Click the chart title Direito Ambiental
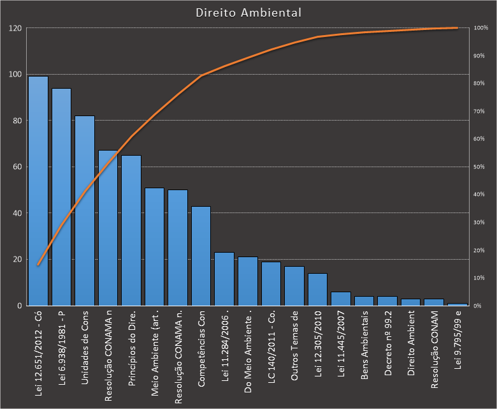pyautogui.click(x=248, y=13)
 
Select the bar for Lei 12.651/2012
pyautogui.click(x=38, y=191)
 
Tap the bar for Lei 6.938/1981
pyautogui.click(x=61, y=198)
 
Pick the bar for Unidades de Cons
pyautogui.click(x=85, y=211)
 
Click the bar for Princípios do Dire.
pyautogui.click(x=131, y=230)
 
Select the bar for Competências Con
pyautogui.click(x=201, y=255)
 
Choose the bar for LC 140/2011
pyautogui.click(x=271, y=284)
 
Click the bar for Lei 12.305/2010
pyautogui.click(x=317, y=290)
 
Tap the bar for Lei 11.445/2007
pyautogui.click(x=341, y=299)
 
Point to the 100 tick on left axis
pyautogui.click(x=15, y=75)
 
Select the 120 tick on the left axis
pyautogui.click(x=15, y=29)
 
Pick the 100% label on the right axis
pyautogui.click(x=481, y=29)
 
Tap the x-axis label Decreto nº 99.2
pyautogui.click(x=387, y=345)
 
